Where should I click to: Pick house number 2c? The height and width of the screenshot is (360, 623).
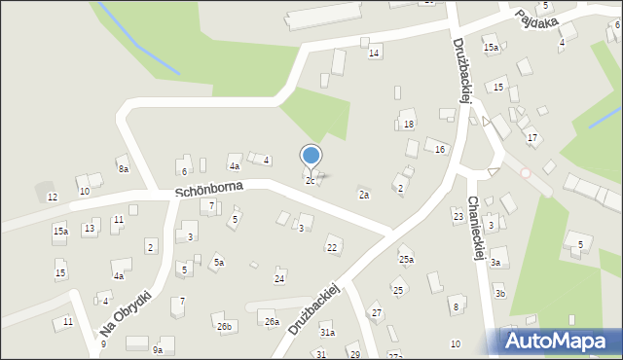pyautogui.click(x=311, y=180)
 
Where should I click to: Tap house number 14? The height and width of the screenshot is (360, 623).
pyautogui.click(x=374, y=53)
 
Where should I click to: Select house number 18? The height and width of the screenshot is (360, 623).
pyautogui.click(x=409, y=124)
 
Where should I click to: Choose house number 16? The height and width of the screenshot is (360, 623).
pyautogui.click(x=440, y=149)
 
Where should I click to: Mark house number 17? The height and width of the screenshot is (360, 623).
pyautogui.click(x=532, y=137)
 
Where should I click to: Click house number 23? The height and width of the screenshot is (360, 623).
pyautogui.click(x=458, y=215)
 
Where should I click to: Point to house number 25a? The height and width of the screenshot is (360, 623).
pyautogui.click(x=406, y=260)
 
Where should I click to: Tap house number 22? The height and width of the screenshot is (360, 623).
pyautogui.click(x=332, y=248)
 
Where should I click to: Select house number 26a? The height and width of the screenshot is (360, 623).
pyautogui.click(x=273, y=321)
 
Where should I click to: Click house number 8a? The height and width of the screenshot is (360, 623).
pyautogui.click(x=124, y=168)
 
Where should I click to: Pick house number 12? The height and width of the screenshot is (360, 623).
pyautogui.click(x=53, y=197)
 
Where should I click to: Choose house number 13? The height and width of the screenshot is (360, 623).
pyautogui.click(x=89, y=228)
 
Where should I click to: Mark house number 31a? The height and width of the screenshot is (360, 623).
pyautogui.click(x=327, y=333)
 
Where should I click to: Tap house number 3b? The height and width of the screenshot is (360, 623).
pyautogui.click(x=499, y=293)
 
